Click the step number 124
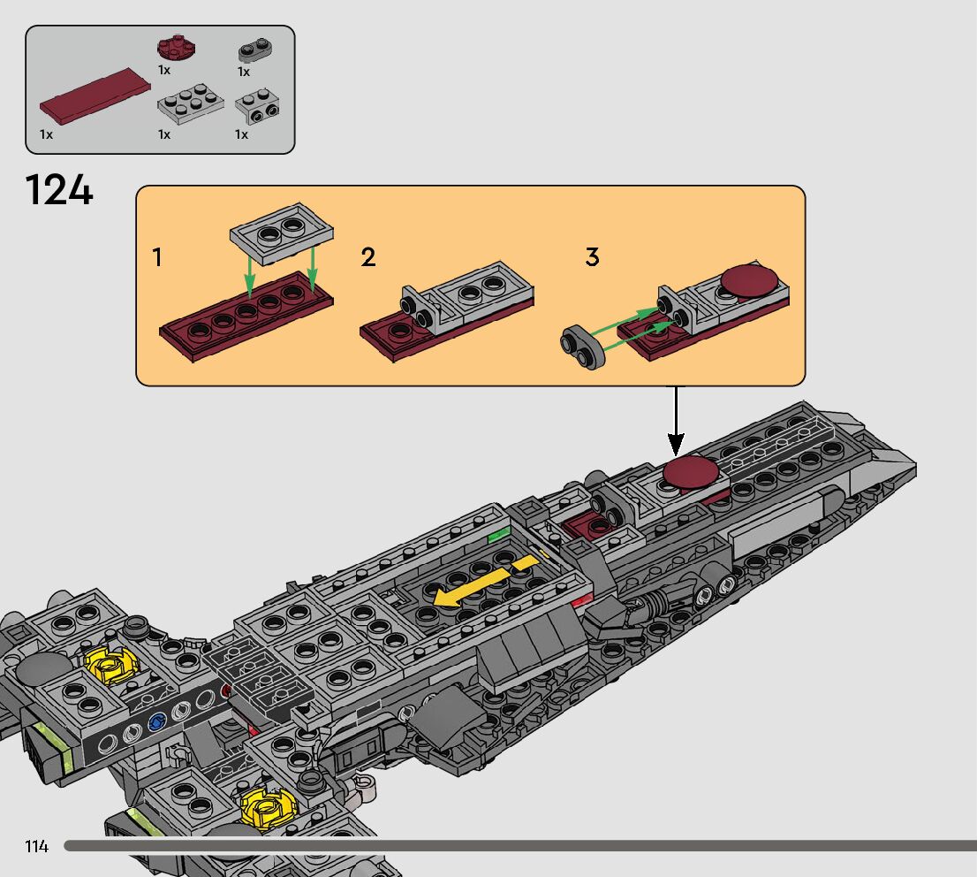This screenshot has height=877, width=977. pyautogui.click(x=59, y=189)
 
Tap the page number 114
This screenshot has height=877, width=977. pyautogui.click(x=37, y=846)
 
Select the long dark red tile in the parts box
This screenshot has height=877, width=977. pyautogui.click(x=95, y=95)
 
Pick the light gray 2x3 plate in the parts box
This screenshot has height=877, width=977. pyautogui.click(x=191, y=103)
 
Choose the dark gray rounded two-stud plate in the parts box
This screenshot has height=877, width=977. pyautogui.click(x=254, y=50)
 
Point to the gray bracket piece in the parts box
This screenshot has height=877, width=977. pyautogui.click(x=257, y=107)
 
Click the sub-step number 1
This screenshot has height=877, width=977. pyautogui.click(x=157, y=257)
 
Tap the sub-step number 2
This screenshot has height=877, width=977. pyautogui.click(x=368, y=257)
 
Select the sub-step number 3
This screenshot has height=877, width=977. pyautogui.click(x=592, y=256)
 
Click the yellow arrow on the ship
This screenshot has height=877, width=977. pyautogui.click(x=486, y=582)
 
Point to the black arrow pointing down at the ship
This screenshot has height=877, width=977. pyautogui.click(x=676, y=421)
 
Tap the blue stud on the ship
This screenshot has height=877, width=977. pyautogui.click(x=156, y=721)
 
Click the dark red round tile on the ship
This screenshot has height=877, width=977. pyautogui.click(x=690, y=471)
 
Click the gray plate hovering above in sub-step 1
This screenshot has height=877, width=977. pyautogui.click(x=282, y=233)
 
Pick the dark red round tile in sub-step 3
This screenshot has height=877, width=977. pyautogui.click(x=750, y=280)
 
